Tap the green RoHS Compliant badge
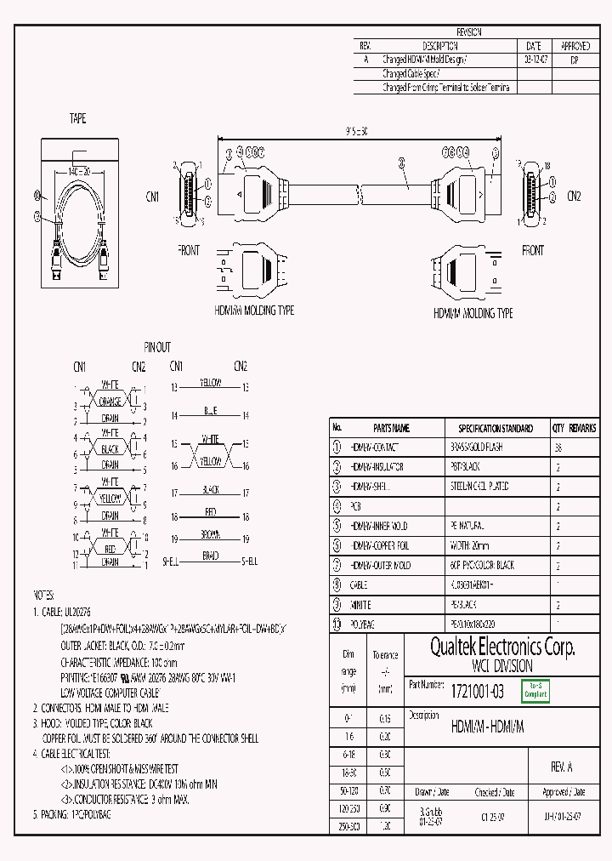coord(535,691)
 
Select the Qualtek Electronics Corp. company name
coord(501,648)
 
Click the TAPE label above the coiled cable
coord(77,119)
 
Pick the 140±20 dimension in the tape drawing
coord(78,171)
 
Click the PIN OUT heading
coord(156,347)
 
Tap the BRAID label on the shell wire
coord(210,556)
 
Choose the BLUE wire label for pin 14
coord(210,411)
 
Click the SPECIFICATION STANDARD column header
coord(496,428)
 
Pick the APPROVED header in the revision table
coord(575,46)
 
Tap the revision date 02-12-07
coord(533,60)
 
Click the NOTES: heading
coord(43,595)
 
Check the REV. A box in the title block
coord(562,767)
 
